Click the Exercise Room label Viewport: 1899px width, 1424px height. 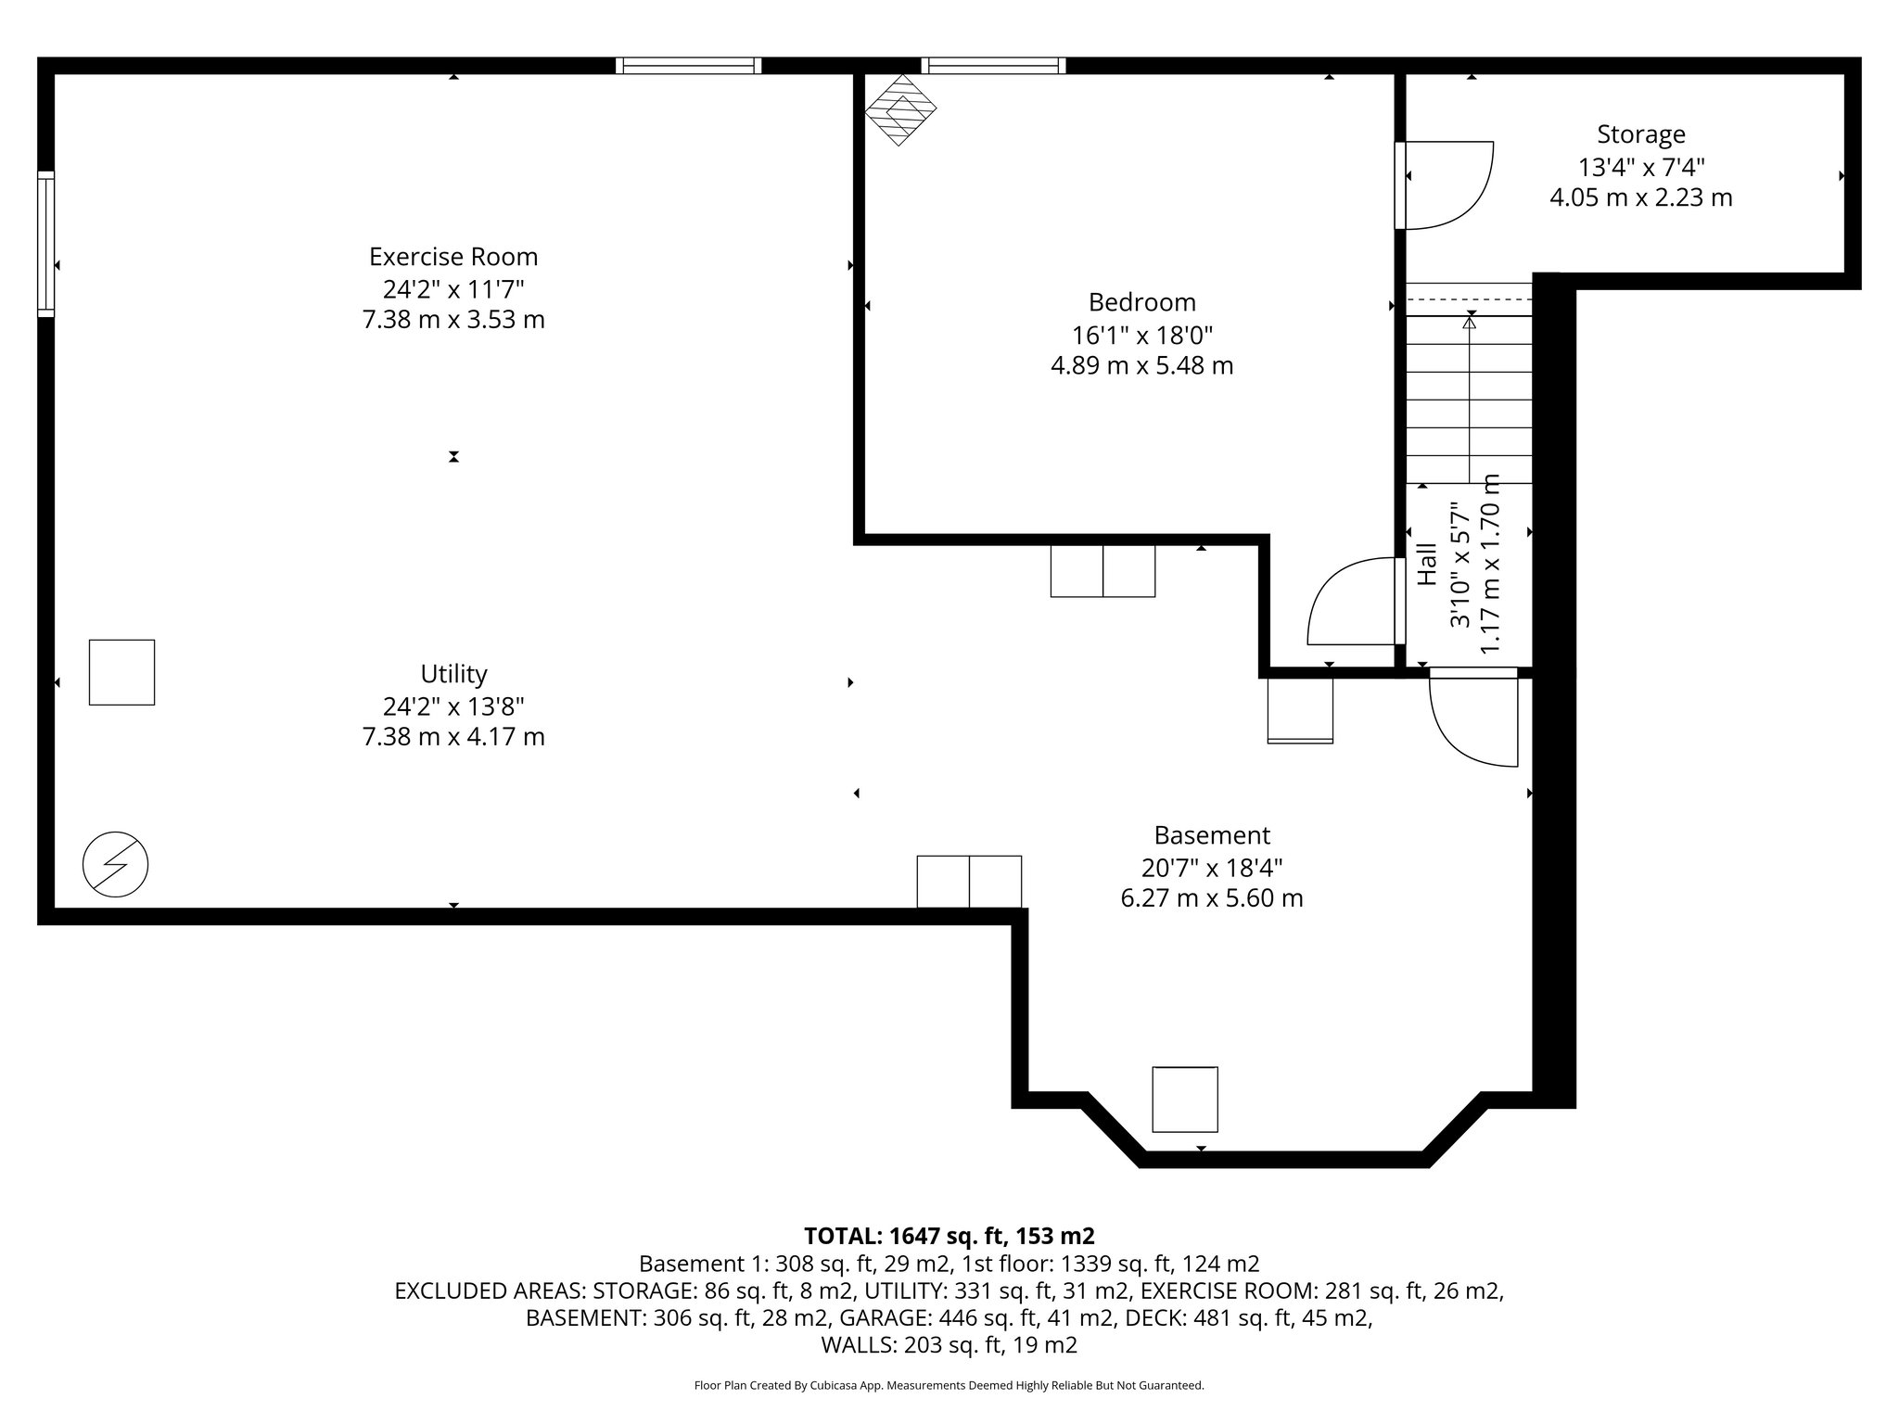click(x=452, y=256)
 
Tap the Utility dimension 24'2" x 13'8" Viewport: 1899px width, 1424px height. click(x=453, y=706)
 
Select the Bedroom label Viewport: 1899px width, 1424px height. click(x=1141, y=302)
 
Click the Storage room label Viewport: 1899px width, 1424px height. click(x=1640, y=134)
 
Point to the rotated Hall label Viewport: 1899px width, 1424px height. click(x=1427, y=565)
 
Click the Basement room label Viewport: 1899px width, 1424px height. click(x=1211, y=835)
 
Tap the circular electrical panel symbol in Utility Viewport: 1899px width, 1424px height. click(x=116, y=864)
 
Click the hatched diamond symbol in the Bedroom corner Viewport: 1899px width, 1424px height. click(x=900, y=109)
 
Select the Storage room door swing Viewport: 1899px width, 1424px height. click(x=1447, y=184)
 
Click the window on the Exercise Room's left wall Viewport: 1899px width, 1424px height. click(x=45, y=244)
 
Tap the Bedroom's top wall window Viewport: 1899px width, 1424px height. click(x=993, y=65)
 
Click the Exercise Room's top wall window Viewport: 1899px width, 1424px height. click(x=688, y=65)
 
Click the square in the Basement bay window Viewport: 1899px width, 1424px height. click(x=1184, y=1099)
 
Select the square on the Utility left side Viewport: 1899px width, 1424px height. click(x=121, y=672)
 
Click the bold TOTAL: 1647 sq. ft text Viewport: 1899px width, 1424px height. click(x=949, y=1236)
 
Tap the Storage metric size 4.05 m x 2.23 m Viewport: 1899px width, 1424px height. click(x=1640, y=197)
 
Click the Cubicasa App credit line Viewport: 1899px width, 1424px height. click(x=949, y=1386)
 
